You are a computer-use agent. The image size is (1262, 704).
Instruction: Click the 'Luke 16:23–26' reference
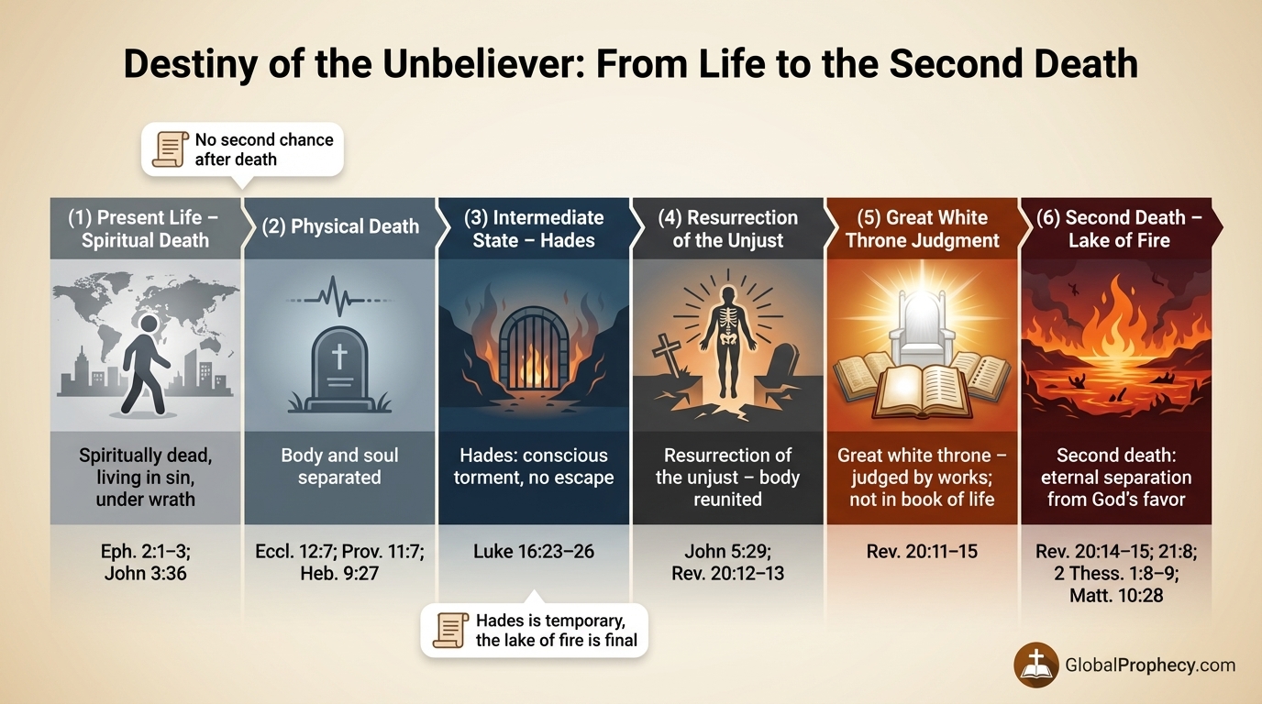pyautogui.click(x=534, y=552)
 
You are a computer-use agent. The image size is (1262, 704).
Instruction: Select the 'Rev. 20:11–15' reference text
pyautogui.click(x=922, y=552)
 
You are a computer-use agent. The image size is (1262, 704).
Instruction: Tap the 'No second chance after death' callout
pyautogui.click(x=242, y=148)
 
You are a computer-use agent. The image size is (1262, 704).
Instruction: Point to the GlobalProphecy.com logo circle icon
pyautogui.click(x=1036, y=665)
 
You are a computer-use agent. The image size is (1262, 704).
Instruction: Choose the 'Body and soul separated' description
pyautogui.click(x=339, y=467)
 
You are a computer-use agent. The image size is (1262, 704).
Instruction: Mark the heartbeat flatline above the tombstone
pyautogui.click(x=339, y=299)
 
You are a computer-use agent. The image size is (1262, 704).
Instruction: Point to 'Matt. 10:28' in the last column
pyautogui.click(x=1116, y=596)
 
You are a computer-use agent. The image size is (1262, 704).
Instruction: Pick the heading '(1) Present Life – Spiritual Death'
pyautogui.click(x=145, y=229)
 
